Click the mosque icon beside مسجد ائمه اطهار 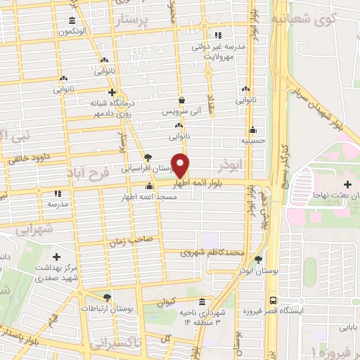click(x=148, y=186)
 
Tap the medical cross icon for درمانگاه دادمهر click(x=112, y=92)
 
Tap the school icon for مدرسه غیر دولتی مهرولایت click(x=218, y=35)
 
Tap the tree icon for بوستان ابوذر click(x=258, y=259)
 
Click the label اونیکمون click(x=72, y=32)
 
